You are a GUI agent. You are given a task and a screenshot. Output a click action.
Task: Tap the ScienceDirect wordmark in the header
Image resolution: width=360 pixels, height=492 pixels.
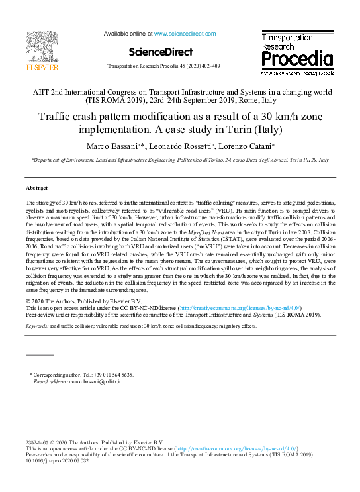(x=161, y=52)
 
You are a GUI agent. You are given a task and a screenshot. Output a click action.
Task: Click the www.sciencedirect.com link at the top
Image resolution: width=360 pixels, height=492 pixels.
(x=185, y=33)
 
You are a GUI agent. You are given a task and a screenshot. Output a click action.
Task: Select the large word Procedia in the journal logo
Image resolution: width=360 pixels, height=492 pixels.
(x=296, y=60)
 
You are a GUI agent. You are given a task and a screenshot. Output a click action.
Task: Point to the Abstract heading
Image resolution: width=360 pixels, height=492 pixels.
(x=37, y=189)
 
